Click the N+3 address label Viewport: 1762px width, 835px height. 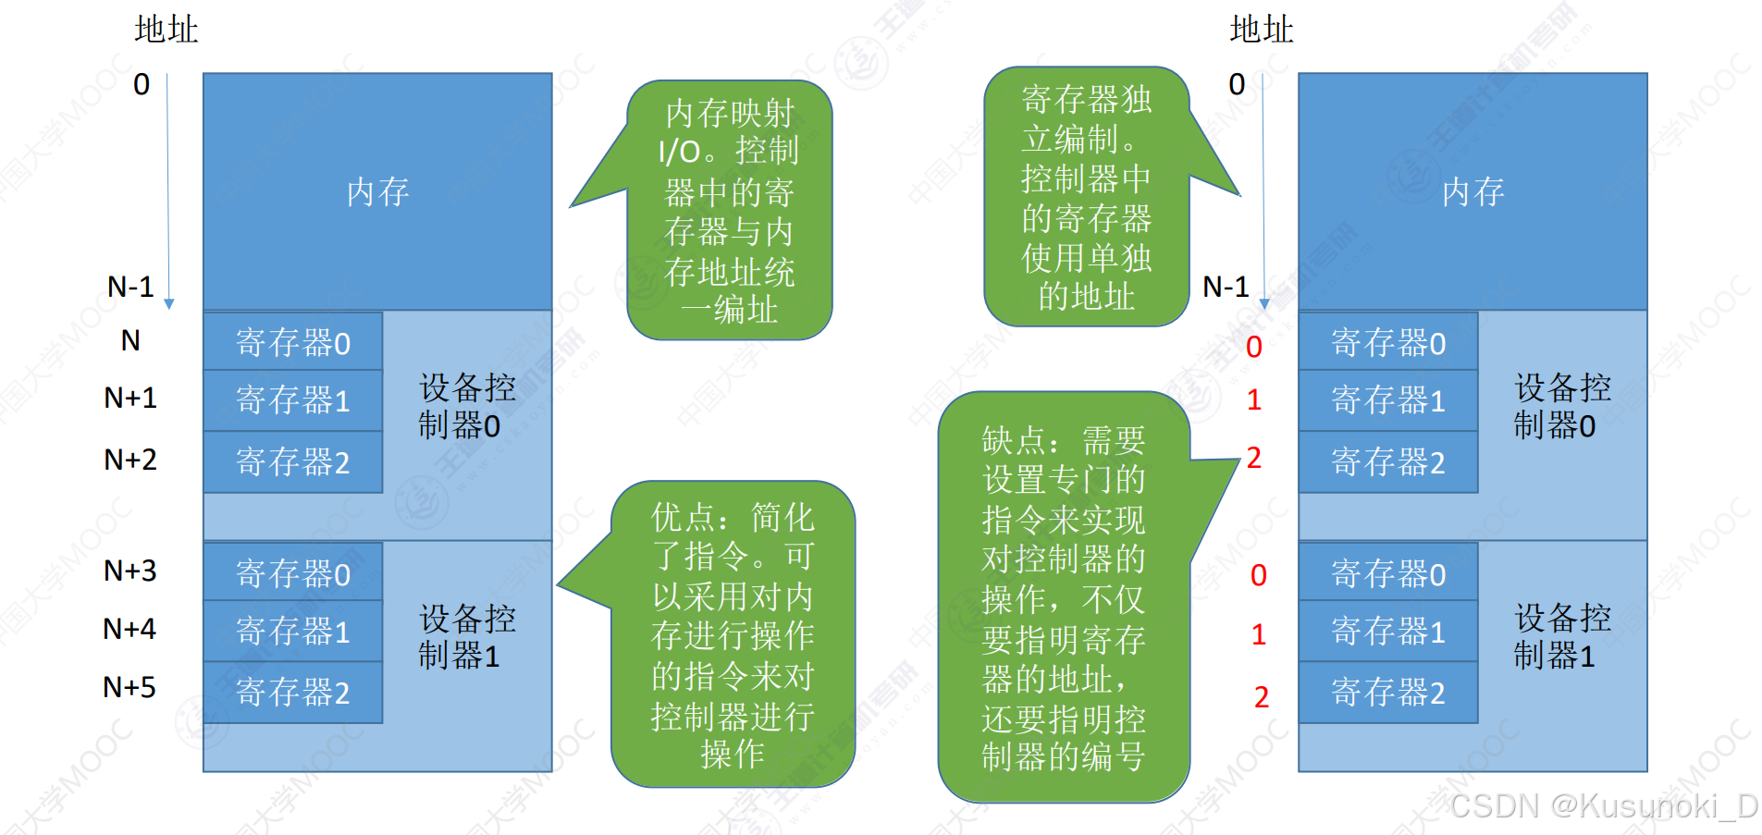(x=129, y=571)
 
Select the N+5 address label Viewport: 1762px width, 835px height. (x=129, y=687)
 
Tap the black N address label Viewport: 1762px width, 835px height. (x=130, y=341)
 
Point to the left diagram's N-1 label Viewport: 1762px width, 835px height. (x=130, y=287)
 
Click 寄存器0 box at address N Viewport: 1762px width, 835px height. (x=293, y=343)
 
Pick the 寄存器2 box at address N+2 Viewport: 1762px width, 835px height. (x=293, y=461)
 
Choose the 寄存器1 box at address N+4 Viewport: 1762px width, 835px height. (x=293, y=632)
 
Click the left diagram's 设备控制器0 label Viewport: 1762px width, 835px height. (x=466, y=406)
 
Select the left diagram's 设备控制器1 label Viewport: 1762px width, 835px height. (x=466, y=637)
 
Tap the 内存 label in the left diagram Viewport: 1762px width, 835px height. (x=377, y=192)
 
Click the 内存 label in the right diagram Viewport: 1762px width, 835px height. (x=1472, y=192)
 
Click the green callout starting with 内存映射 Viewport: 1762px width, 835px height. (x=729, y=211)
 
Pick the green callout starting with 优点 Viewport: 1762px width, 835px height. (x=732, y=634)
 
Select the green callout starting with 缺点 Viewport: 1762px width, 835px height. (x=1063, y=597)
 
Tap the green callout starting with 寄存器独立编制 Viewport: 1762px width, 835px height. (x=1086, y=197)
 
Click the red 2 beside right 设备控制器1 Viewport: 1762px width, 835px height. (x=1261, y=697)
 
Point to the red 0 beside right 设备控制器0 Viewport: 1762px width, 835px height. (x=1253, y=347)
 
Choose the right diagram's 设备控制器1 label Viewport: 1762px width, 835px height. (x=1561, y=637)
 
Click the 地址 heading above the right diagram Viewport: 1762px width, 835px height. (x=1261, y=30)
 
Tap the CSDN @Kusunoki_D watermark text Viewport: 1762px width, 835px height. (x=1603, y=806)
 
